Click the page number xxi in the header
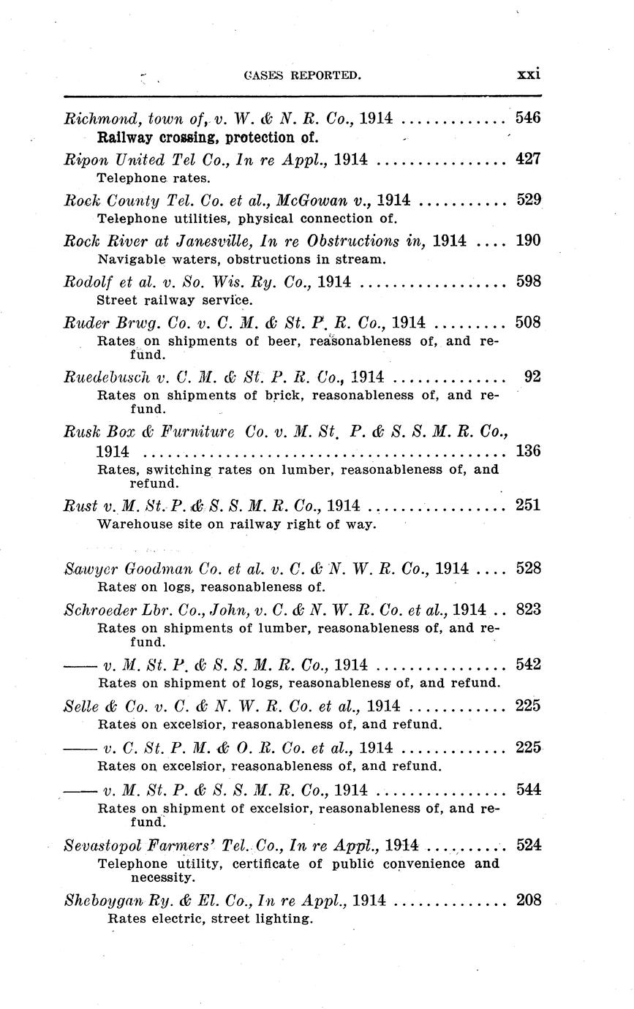pyautogui.click(x=528, y=74)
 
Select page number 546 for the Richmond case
pyautogui.click(x=528, y=117)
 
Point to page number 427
pyautogui.click(x=528, y=159)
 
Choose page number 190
pyautogui.click(x=528, y=241)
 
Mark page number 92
pyautogui.click(x=533, y=377)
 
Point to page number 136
pyautogui.click(x=528, y=451)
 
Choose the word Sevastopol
pyautogui.click(x=101, y=845)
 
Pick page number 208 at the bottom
pyautogui.click(x=528, y=901)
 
